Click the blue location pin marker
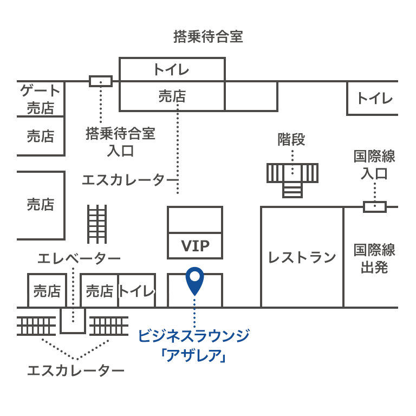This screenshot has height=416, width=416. pos(194,279)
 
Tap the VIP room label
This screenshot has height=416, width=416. pos(195,246)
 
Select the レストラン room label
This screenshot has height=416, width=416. pos(302,258)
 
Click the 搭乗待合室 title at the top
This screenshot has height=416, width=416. pos(208,37)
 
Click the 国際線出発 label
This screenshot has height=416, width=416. pos(374,258)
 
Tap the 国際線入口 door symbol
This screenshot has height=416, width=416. pos(374,206)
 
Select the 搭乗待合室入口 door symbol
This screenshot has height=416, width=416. pos(101,81)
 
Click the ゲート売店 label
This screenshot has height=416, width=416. pos(41,99)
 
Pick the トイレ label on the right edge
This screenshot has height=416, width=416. pos(374,99)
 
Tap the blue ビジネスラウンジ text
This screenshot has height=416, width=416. pos(193,336)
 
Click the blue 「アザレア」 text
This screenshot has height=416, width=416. pos(193,356)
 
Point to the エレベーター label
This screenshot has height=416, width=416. pos(79,258)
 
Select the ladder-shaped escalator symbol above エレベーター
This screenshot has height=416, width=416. pos(97,224)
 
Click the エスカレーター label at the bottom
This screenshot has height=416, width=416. pos(76,371)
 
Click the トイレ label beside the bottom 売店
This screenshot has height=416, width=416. pos(136,291)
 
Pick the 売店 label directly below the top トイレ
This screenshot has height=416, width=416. pos(172,96)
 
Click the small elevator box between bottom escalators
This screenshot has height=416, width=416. pos(73,320)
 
